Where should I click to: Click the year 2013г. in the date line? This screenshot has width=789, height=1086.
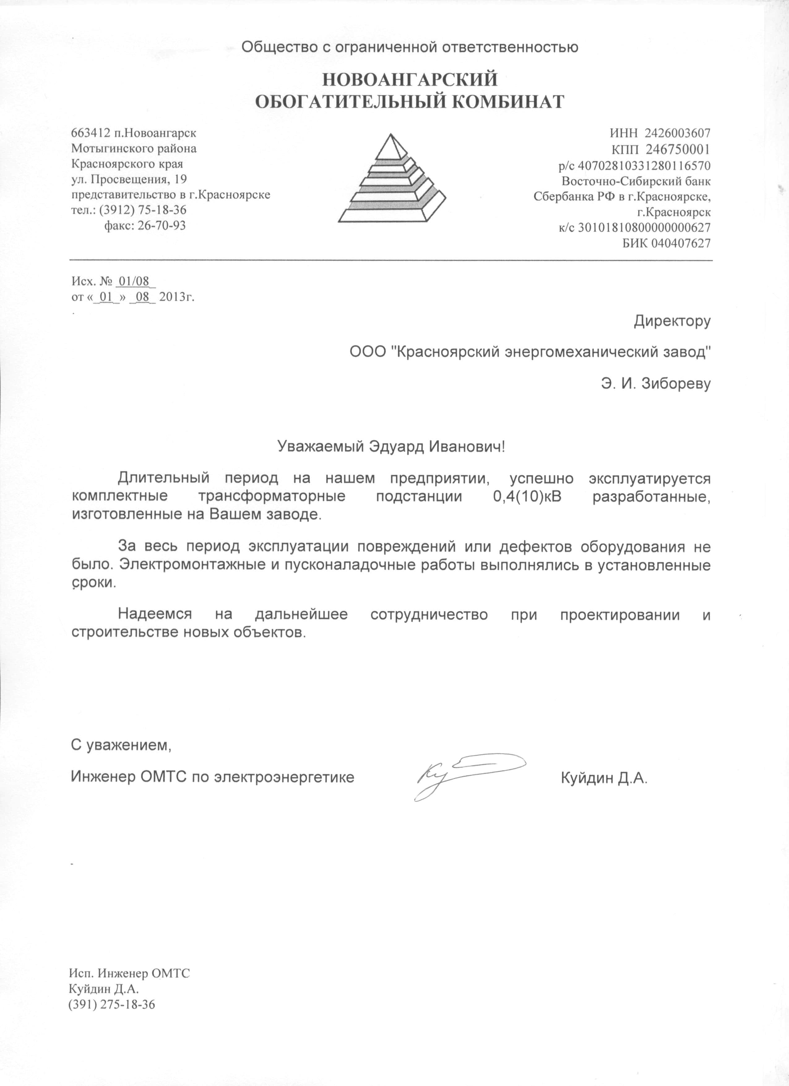coord(177,297)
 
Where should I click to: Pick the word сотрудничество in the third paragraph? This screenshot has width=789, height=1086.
coord(429,615)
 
